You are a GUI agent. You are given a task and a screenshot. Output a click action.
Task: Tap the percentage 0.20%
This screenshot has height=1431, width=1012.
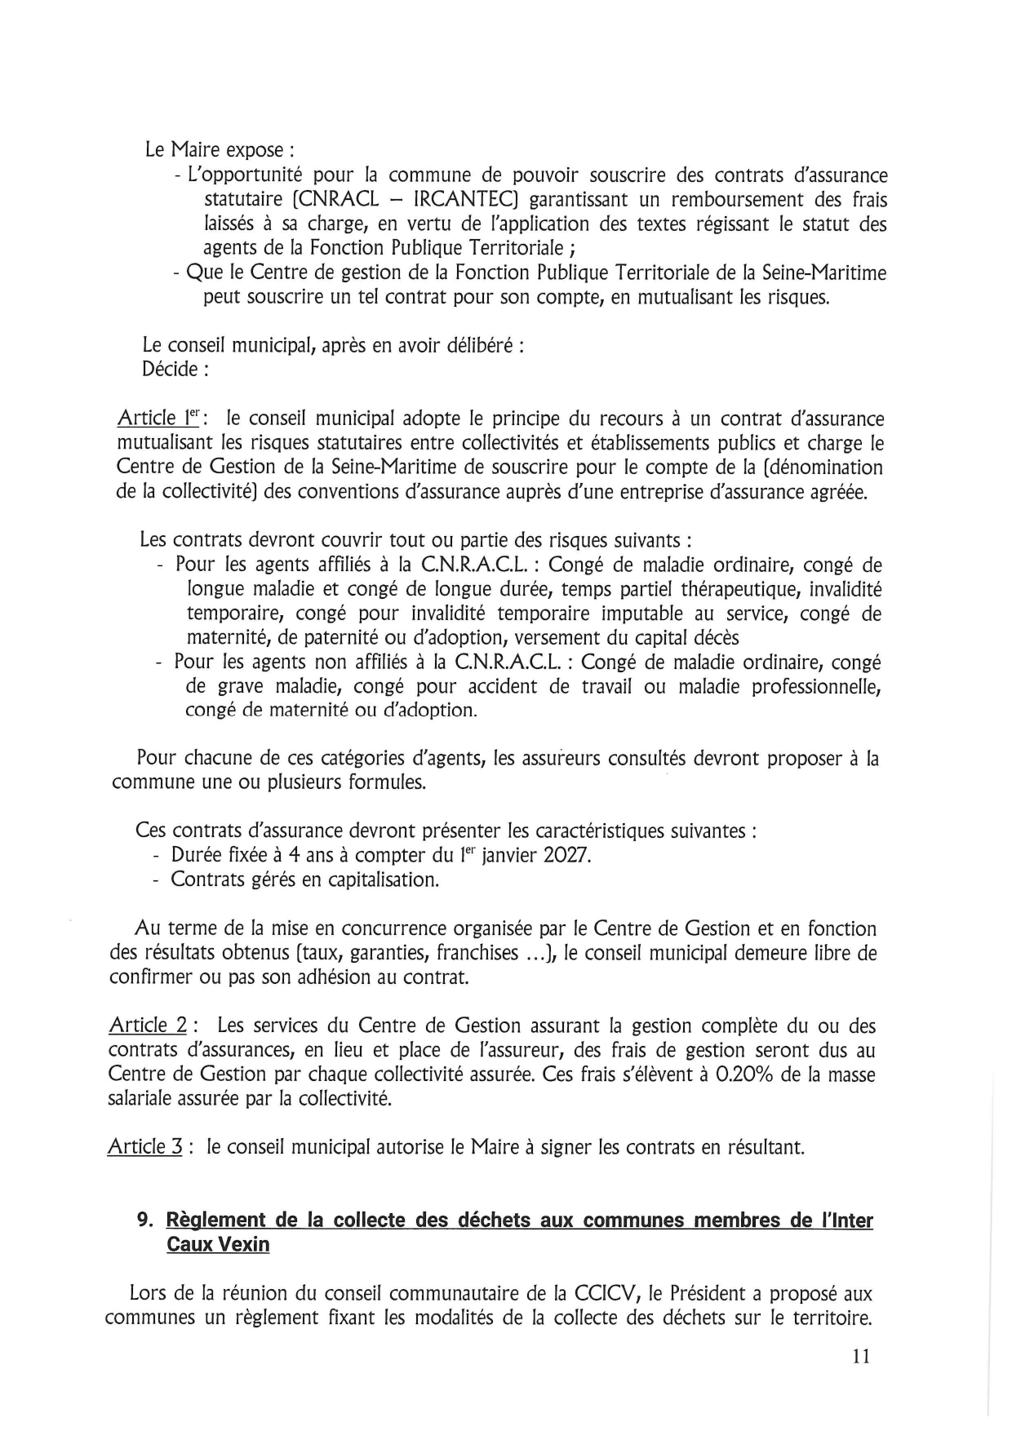coord(743,1074)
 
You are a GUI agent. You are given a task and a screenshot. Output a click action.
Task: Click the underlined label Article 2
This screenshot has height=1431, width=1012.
coord(147,1026)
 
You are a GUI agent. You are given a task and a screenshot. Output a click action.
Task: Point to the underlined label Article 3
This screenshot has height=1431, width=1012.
coord(145,1147)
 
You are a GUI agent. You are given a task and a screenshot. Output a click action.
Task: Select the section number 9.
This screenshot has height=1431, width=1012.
coord(145,1221)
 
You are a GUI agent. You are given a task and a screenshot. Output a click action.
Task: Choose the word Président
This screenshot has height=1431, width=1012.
coord(704,1293)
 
